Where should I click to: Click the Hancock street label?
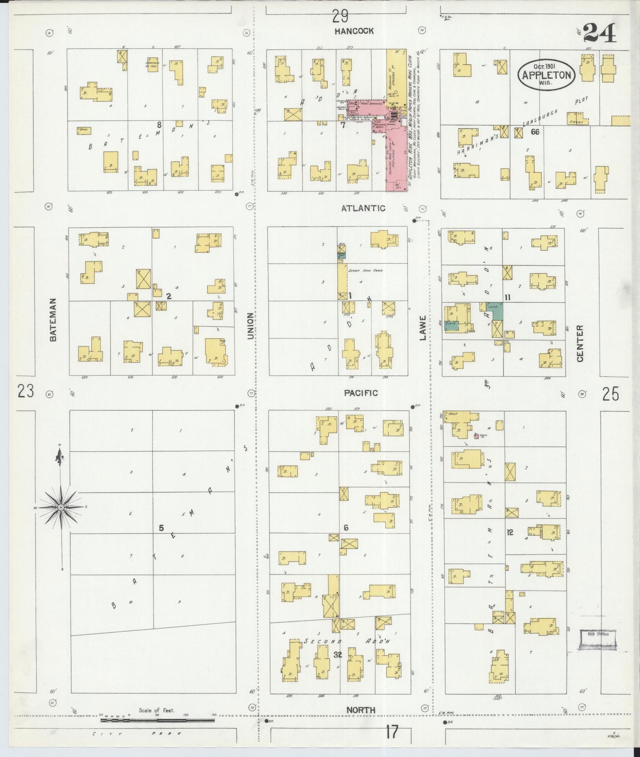click(x=354, y=31)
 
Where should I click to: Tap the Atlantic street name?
click(x=363, y=208)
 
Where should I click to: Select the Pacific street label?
click(x=361, y=393)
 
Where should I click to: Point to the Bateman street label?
click(x=53, y=319)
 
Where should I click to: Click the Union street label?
click(x=251, y=326)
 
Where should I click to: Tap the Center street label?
click(x=580, y=343)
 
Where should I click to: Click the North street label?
click(x=361, y=710)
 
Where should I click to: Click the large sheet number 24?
click(x=599, y=33)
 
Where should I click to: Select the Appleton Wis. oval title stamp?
click(x=547, y=74)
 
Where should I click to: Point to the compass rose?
click(x=61, y=506)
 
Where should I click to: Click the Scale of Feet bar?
click(x=157, y=720)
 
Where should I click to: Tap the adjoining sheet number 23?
click(x=26, y=391)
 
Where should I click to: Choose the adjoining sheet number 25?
click(x=610, y=394)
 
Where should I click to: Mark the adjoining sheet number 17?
click(x=392, y=732)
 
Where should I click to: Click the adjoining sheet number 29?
click(x=340, y=17)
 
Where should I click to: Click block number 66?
click(x=535, y=131)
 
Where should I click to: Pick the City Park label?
click(x=137, y=734)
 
